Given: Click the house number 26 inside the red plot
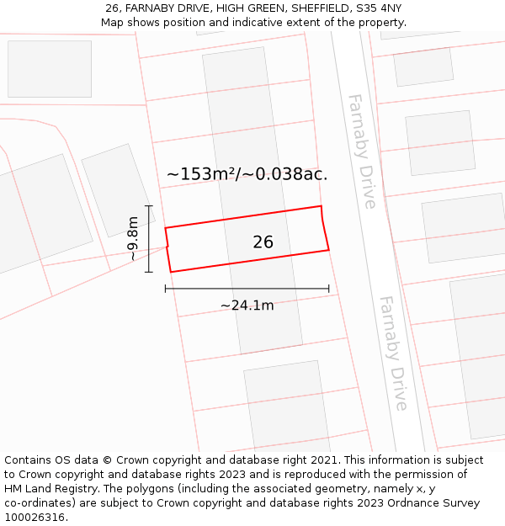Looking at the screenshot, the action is [x=263, y=242].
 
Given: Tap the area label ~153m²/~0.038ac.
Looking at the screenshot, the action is [x=247, y=174].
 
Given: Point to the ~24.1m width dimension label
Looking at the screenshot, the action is [x=247, y=306].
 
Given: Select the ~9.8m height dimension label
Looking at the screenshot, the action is [x=133, y=239].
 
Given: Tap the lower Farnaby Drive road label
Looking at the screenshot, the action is [x=393, y=353].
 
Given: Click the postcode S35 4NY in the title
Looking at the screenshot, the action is [x=380, y=8].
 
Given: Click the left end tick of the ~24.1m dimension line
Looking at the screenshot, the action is [x=166, y=289].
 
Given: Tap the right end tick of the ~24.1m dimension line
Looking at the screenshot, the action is [x=328, y=289].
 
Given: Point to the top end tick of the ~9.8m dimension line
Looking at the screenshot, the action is [x=149, y=206].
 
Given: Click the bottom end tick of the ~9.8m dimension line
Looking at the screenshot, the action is [x=149, y=272].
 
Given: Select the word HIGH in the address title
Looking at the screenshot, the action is [x=231, y=8].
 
